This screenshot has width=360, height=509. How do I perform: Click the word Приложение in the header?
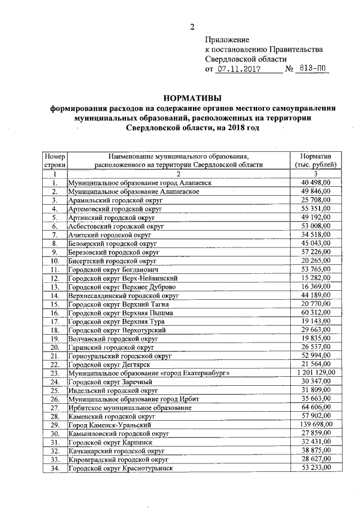pyautogui.click(x=226, y=40)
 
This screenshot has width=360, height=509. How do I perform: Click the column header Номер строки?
pyautogui.click(x=55, y=160)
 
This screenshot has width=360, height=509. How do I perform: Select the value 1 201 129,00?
pyautogui.click(x=316, y=373)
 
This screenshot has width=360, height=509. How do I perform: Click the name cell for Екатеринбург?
pyautogui.click(x=148, y=373)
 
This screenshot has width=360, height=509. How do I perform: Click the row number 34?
pyautogui.click(x=55, y=468)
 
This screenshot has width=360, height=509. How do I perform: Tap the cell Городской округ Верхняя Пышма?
pyautogui.click(x=120, y=313)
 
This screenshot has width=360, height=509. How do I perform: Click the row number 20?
pyautogui.click(x=55, y=348)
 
